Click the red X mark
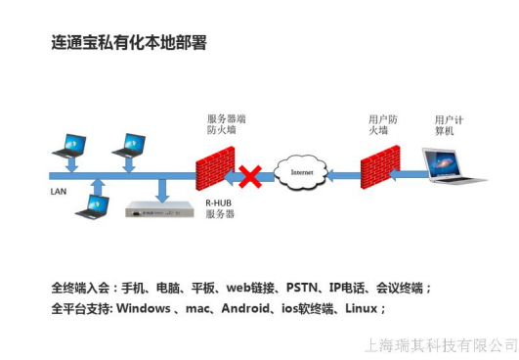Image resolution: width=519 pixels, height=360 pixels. [x=251, y=176]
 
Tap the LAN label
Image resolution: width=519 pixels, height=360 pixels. [x=59, y=192]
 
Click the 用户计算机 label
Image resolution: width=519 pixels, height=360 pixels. [x=449, y=124]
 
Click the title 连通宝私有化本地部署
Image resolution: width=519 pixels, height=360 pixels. [x=128, y=44]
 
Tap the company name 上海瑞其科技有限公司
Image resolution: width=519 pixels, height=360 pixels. [x=440, y=344]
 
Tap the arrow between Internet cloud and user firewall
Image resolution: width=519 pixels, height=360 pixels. [x=343, y=176]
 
